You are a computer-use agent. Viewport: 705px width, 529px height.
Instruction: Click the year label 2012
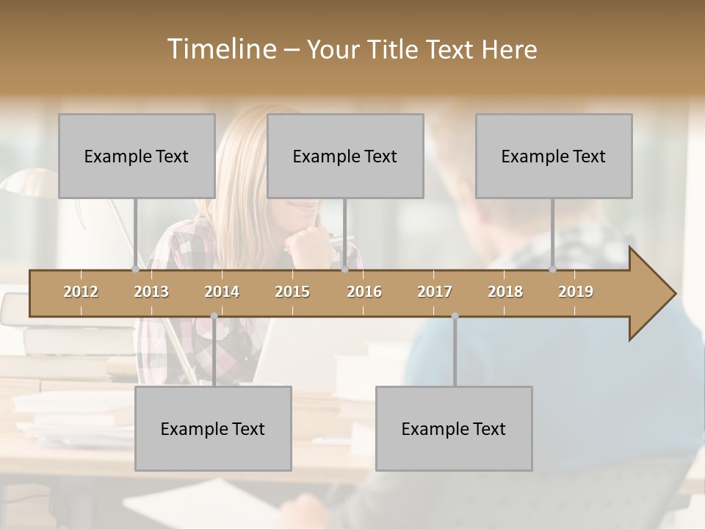click(81, 292)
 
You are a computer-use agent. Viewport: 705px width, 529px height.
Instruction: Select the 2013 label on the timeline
click(151, 292)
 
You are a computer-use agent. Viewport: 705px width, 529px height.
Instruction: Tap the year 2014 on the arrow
click(222, 292)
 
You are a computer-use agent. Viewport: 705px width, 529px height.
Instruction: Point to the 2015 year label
click(292, 292)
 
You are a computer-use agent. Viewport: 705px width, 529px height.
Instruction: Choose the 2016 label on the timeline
click(364, 292)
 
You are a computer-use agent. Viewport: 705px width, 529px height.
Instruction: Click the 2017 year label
click(435, 292)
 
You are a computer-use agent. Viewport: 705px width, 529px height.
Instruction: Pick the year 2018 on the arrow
click(505, 292)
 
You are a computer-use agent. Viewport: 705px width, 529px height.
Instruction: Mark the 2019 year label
click(576, 292)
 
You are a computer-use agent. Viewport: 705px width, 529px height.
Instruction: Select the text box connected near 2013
click(137, 156)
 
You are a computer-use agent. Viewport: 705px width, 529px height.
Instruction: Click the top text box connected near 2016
click(345, 156)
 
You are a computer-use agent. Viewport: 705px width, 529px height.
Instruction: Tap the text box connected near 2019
click(554, 156)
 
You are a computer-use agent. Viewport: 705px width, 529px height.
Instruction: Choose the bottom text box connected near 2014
click(213, 428)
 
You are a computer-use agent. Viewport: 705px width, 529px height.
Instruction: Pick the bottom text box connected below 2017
click(454, 428)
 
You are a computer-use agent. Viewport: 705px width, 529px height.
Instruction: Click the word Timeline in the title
click(220, 49)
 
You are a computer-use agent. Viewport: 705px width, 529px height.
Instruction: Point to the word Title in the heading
click(396, 49)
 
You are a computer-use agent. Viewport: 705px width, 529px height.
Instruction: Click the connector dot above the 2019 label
click(553, 270)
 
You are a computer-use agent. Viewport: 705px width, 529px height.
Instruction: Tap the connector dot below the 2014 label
click(214, 316)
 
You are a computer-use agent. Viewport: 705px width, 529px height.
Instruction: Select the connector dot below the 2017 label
click(455, 316)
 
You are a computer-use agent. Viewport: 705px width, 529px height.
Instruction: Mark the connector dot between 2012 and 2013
click(135, 270)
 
